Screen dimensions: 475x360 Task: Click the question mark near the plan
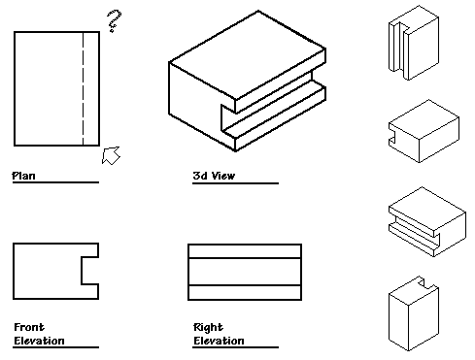pos(114,20)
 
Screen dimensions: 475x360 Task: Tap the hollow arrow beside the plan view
pos(111,155)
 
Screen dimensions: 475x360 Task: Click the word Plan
pos(23,176)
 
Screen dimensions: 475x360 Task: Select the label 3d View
pos(214,176)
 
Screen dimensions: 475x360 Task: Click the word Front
pos(29,327)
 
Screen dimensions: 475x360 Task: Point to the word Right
pos(208,327)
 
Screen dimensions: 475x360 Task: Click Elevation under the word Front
pos(39,341)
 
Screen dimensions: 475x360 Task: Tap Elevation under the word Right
pos(219,341)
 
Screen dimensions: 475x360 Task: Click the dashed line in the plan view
pos(83,88)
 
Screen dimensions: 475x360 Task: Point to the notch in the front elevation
pos(90,271)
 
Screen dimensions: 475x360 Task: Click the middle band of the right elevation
pos(245,272)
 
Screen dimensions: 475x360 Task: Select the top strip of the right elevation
pos(245,251)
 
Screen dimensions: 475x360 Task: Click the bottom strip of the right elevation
pos(245,292)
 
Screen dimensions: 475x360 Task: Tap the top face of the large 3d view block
pos(248,55)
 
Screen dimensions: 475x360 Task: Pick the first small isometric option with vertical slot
pos(414,43)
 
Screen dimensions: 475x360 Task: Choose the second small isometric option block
pos(424,131)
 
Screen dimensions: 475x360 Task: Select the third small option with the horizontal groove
pos(427,221)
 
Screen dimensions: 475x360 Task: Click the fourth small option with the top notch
pos(414,313)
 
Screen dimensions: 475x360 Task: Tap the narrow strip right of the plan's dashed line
pos(91,88)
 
